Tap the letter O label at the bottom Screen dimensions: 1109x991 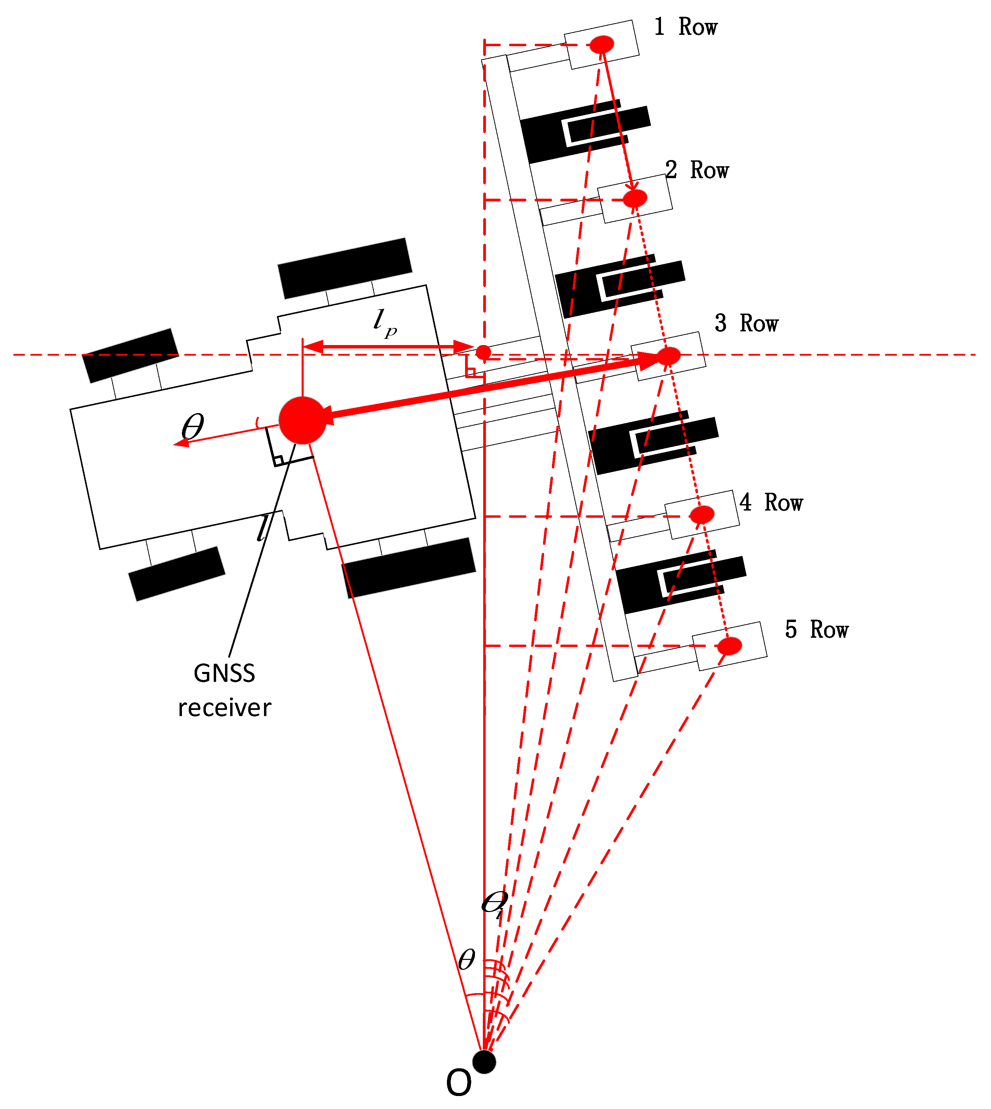[459, 1083]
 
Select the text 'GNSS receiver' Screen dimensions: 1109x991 [224, 690]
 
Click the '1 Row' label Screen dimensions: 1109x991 [686, 27]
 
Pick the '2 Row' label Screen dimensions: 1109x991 [697, 170]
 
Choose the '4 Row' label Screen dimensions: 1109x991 [771, 502]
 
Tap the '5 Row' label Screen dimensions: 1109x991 [816, 630]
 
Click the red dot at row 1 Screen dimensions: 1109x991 [602, 44]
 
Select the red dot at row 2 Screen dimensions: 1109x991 [635, 198]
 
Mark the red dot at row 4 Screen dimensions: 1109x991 [702, 514]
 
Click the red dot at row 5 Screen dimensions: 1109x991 [729, 646]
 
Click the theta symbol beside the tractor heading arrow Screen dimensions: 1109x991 [193, 426]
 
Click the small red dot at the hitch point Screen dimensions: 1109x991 [483, 352]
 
